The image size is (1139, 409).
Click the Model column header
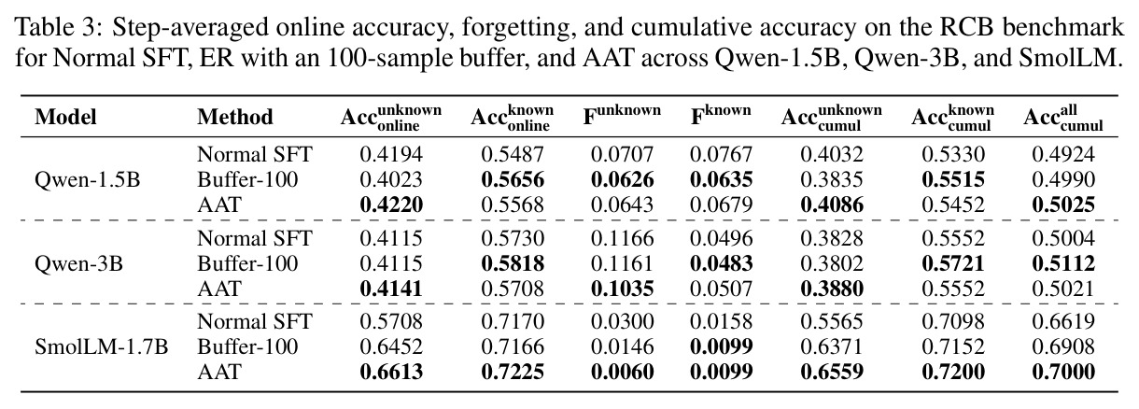coord(65,117)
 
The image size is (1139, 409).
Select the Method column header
coord(235,117)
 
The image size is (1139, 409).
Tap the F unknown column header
coord(622,115)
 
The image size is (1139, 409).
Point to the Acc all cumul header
coord(1063,119)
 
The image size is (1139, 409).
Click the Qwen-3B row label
coord(78,263)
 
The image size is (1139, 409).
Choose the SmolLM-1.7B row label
coord(101,347)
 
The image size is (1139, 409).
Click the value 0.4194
coord(391,155)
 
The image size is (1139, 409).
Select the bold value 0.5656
coord(513,179)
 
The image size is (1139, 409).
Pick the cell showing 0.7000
coord(1063,372)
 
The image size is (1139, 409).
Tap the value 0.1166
coord(622,239)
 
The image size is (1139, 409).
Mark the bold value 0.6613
coord(391,372)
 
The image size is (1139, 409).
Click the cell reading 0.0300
coord(622,321)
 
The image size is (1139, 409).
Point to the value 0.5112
coord(1063,263)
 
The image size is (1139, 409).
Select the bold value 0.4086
coord(832,205)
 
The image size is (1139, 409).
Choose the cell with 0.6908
coord(1063,347)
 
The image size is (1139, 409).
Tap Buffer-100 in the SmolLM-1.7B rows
coord(247,347)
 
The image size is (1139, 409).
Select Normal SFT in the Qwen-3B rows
coord(255,239)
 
